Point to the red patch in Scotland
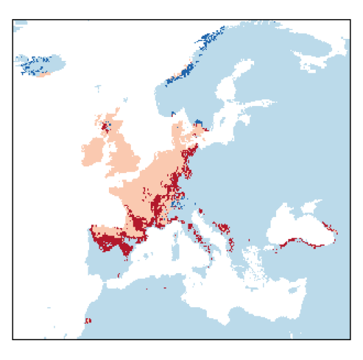click(106, 126)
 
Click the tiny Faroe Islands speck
click(98, 88)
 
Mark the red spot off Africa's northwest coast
click(88, 320)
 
